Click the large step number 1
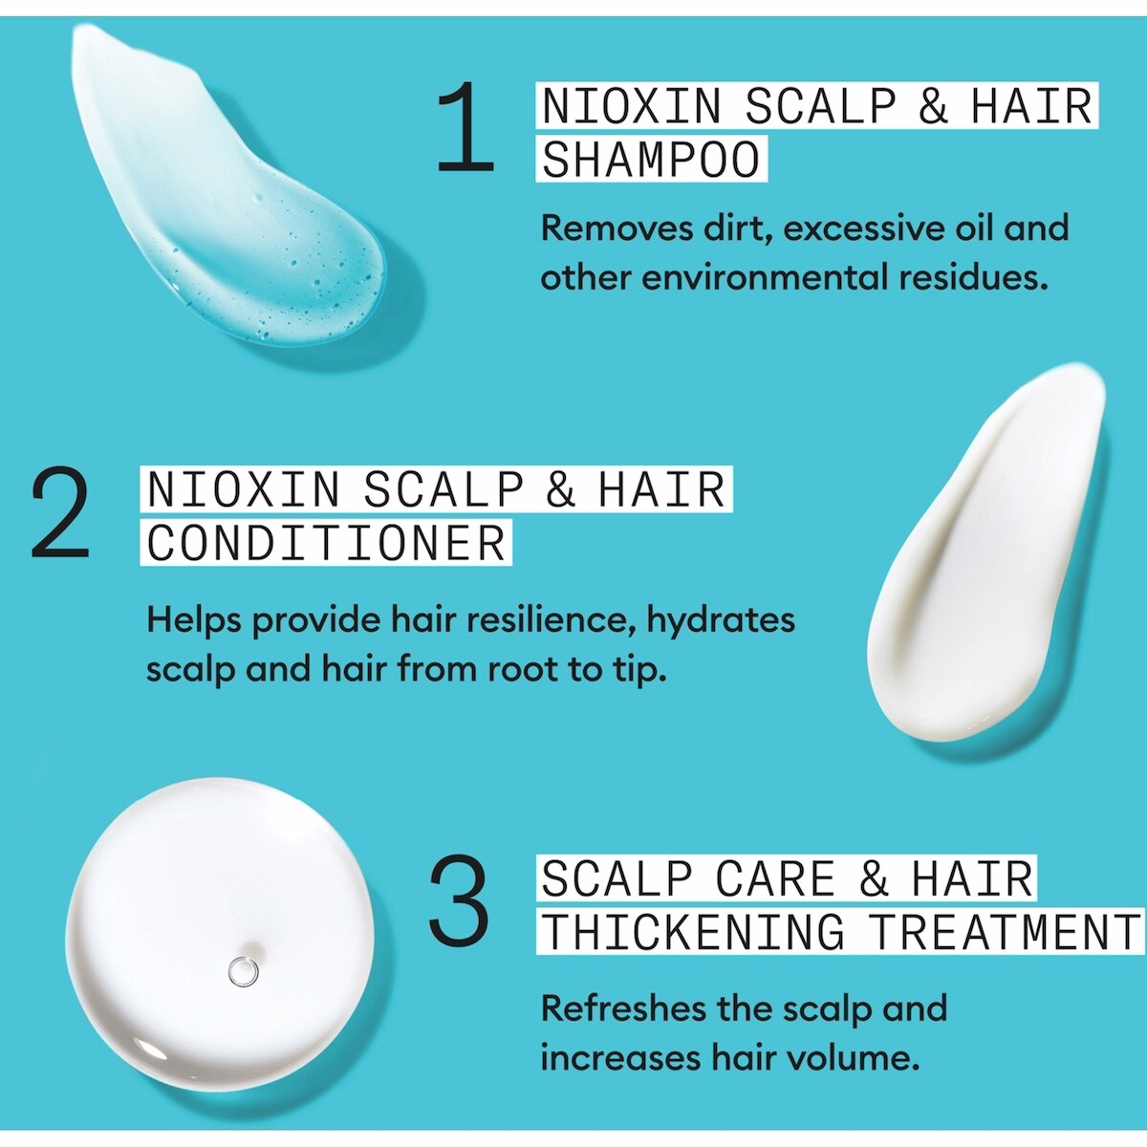click(x=465, y=129)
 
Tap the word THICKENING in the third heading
click(x=693, y=931)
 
